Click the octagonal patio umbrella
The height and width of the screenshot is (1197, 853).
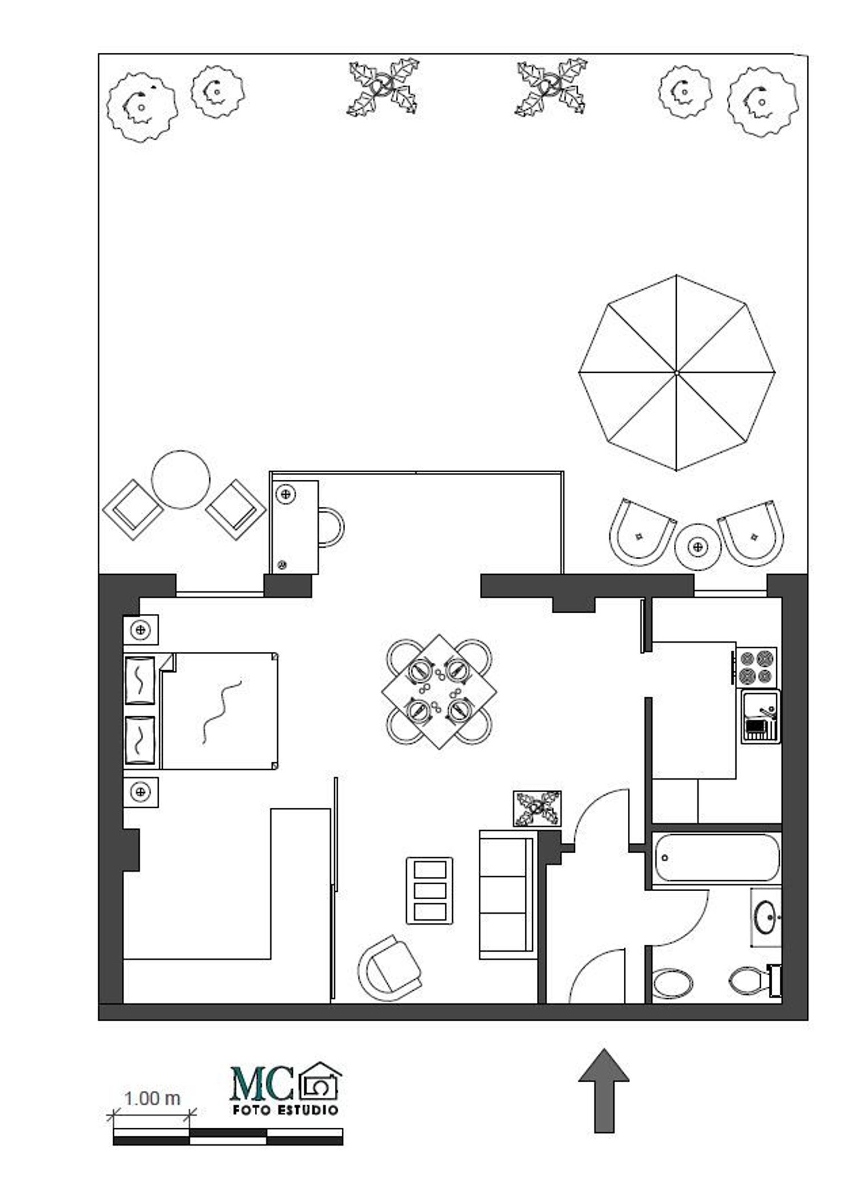coord(677,373)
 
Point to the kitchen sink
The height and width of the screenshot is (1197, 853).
coord(761,716)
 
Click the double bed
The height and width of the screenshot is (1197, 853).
coord(201,711)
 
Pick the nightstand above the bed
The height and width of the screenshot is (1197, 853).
coord(141,630)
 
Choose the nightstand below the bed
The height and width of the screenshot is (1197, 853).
coord(141,792)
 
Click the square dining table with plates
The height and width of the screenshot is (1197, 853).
coord(439,692)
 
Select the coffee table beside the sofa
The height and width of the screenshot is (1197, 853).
coord(430,891)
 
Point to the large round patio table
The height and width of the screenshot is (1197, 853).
coord(181,480)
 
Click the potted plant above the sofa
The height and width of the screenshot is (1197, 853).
coord(537,809)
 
